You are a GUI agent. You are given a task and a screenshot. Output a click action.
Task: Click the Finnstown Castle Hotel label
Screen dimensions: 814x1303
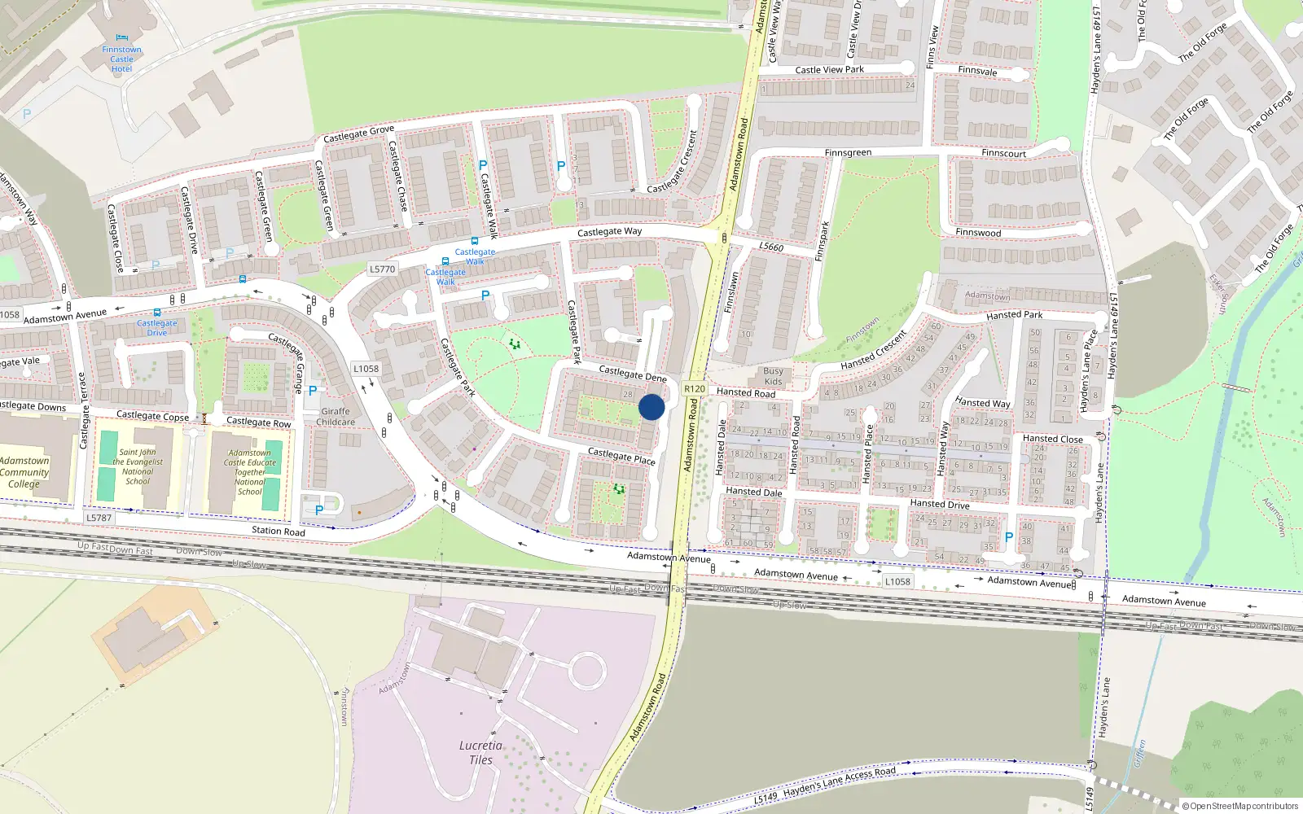121,59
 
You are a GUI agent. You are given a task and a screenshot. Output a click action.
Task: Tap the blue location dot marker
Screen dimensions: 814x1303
651,407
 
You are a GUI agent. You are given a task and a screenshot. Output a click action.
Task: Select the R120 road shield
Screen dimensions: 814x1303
695,389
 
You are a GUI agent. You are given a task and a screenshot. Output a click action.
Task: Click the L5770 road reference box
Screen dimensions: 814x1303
382,269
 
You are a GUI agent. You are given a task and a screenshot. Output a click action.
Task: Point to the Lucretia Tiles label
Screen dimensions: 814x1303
480,752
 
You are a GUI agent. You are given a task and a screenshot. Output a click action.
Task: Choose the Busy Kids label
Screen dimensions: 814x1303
773,376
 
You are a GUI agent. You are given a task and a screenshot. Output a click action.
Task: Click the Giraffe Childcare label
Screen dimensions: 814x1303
336,417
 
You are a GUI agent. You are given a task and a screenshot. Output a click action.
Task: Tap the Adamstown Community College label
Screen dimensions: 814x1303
24,472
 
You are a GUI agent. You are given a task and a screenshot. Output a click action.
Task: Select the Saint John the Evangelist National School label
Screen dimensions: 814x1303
137,466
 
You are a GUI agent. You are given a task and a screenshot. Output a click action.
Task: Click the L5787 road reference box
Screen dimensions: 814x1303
99,518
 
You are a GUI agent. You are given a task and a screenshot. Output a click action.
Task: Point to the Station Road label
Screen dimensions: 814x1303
278,532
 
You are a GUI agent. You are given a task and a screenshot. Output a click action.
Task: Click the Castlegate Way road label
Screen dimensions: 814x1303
609,232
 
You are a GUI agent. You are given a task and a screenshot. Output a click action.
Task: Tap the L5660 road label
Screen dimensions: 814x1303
771,247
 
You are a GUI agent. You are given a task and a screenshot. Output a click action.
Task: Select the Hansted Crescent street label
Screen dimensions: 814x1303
873,350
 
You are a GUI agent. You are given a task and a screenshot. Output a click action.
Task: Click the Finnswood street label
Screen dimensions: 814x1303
978,233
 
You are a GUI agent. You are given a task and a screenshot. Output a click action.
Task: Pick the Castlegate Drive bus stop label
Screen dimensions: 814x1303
156,328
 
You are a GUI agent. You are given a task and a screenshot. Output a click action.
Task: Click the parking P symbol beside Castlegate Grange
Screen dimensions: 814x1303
312,392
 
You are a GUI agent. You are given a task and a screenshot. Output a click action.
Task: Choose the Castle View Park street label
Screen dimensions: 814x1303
829,70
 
